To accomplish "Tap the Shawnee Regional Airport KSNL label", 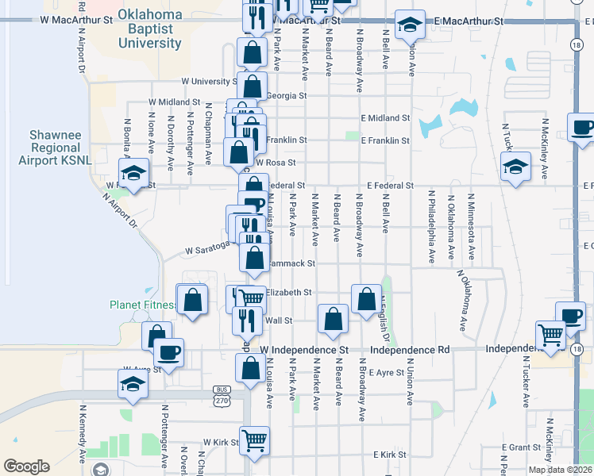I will click(x=56, y=148).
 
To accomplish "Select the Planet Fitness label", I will click(x=144, y=305).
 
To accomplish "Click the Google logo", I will click(x=26, y=466).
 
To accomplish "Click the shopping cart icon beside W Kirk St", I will click(x=254, y=440).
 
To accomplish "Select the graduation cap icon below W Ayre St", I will click(x=133, y=386).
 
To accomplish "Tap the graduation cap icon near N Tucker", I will click(x=515, y=167).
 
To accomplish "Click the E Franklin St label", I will click(x=385, y=140).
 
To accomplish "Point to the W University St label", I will click(x=209, y=81).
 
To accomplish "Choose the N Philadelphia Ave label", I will click(x=431, y=226).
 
